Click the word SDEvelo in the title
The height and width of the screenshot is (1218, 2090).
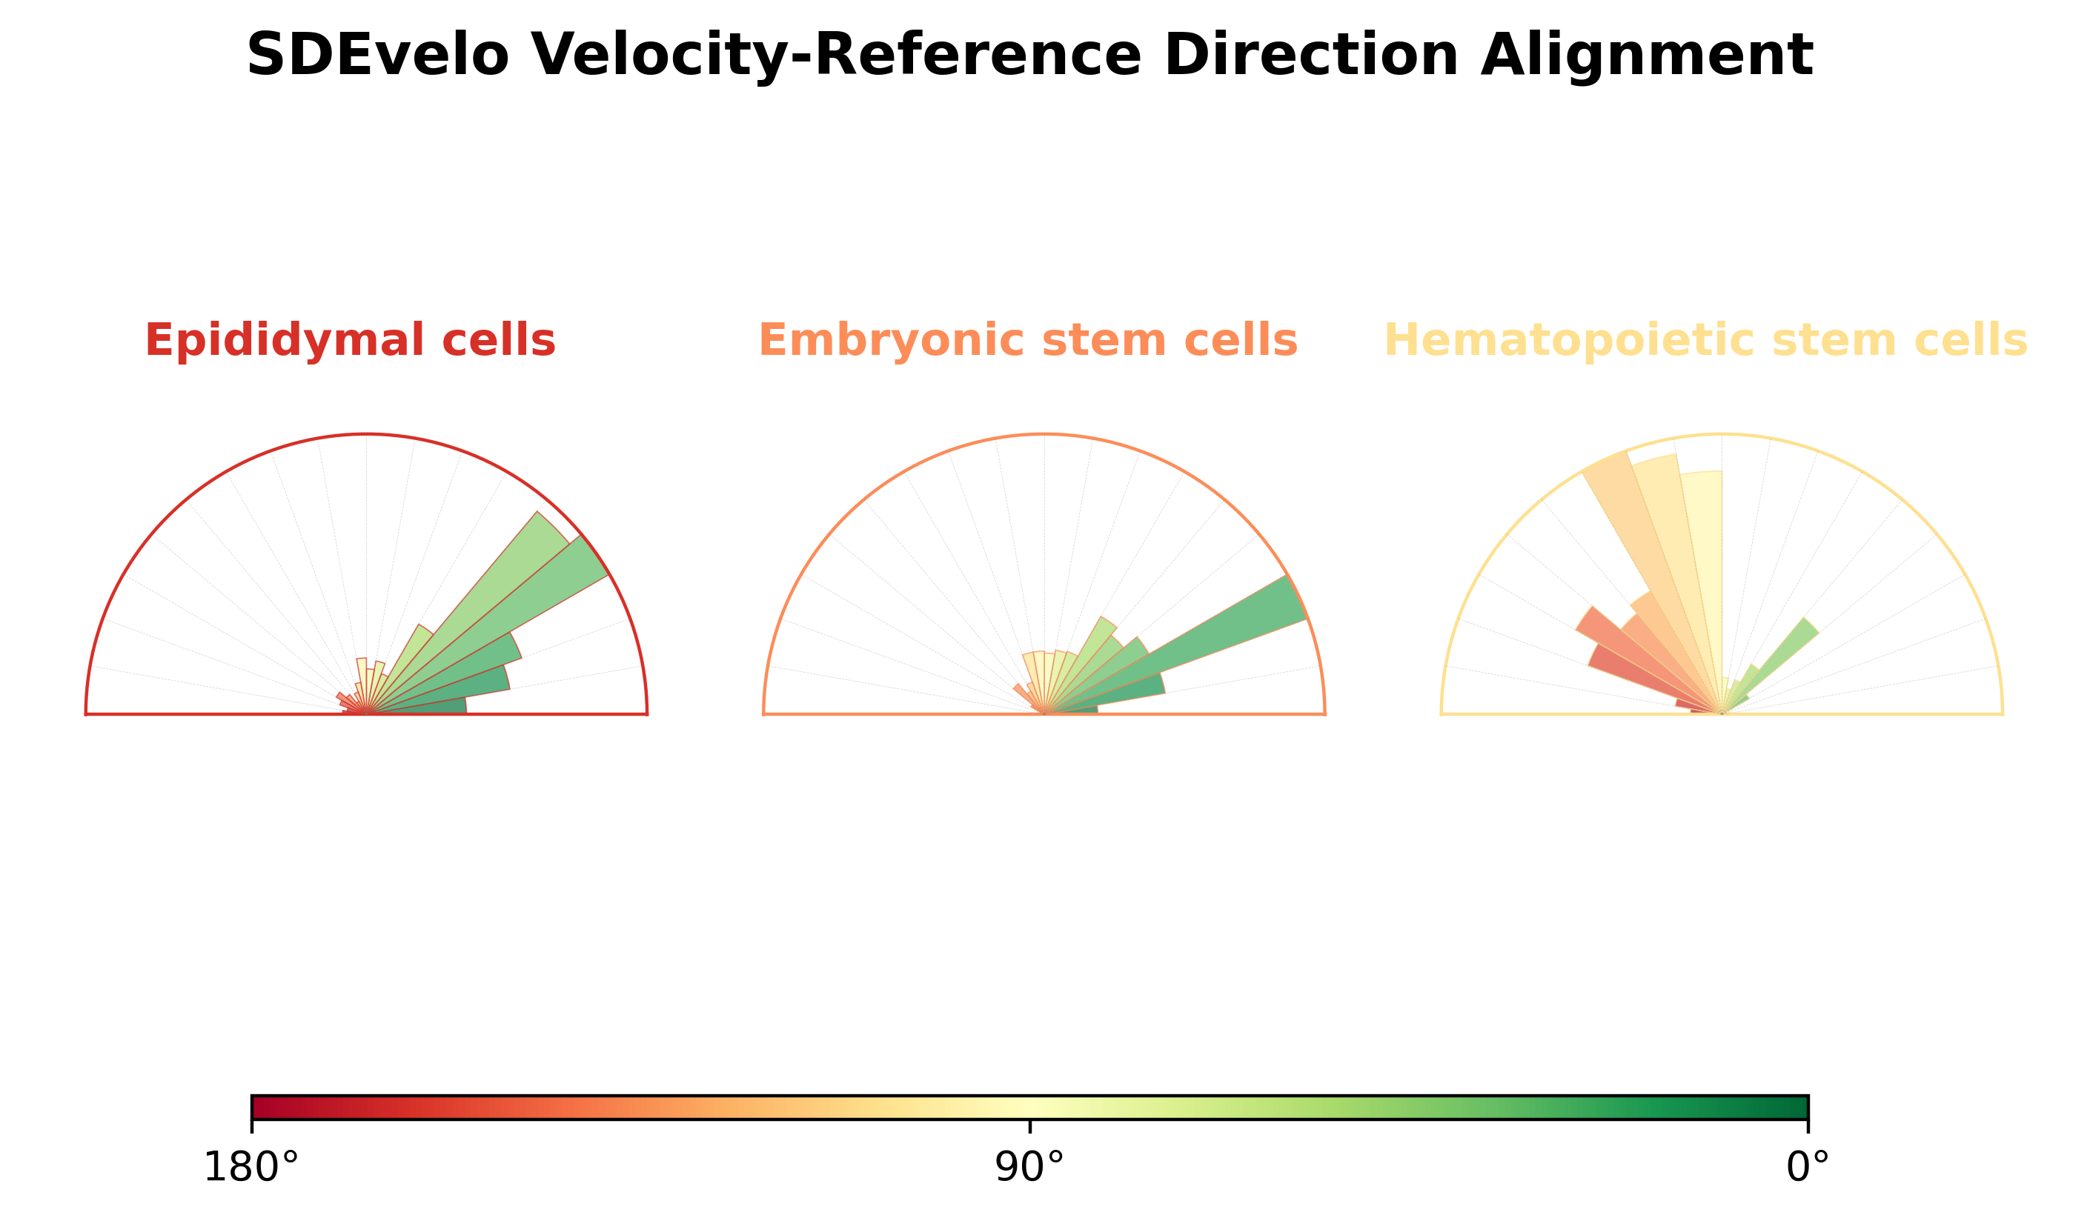377,56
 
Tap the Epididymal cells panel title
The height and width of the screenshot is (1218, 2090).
350,341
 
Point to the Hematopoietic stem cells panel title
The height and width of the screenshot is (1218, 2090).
1706,341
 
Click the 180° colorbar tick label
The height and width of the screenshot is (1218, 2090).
251,1168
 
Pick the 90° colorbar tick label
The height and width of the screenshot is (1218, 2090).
1029,1168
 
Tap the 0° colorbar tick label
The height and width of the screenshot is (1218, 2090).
1808,1168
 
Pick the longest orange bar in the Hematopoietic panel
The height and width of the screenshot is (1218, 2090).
1651,580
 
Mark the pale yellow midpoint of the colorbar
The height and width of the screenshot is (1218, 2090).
1029,1108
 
